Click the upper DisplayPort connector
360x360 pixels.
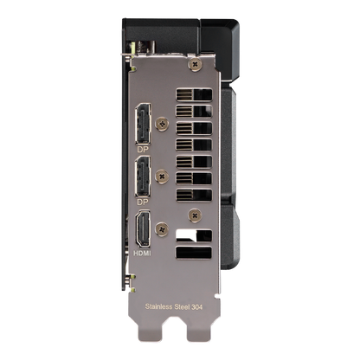coord(143,124)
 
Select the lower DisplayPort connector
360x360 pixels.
coord(143,177)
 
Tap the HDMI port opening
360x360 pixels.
coord(143,228)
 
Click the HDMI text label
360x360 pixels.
coord(142,254)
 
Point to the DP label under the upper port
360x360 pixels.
coord(143,150)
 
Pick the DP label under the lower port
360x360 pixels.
coord(143,202)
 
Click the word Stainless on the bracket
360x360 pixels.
coord(158,306)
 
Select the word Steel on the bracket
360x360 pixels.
coord(182,306)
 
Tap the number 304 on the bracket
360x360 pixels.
coord(197,306)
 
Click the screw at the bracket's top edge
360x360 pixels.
coord(195,63)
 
